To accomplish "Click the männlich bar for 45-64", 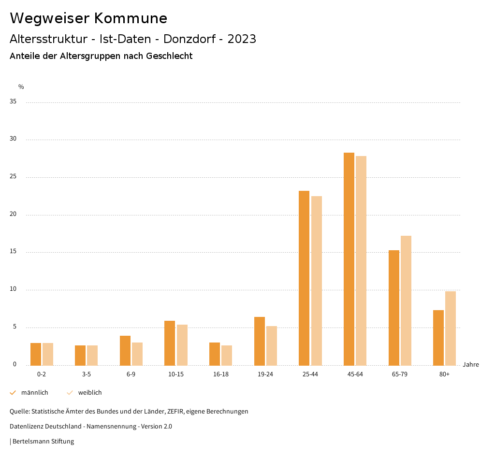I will pyautogui.click(x=349, y=259).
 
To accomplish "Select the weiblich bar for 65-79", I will pyautogui.click(x=406, y=300).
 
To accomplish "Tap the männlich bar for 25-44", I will pyautogui.click(x=304, y=278).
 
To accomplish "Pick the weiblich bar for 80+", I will pyautogui.click(x=451, y=328).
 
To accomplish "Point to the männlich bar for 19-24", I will pyautogui.click(x=260, y=341).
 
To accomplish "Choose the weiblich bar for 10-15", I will pyautogui.click(x=182, y=345).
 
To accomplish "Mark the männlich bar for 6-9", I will pyautogui.click(x=125, y=351).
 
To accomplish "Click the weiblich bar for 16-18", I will pyautogui.click(x=227, y=356).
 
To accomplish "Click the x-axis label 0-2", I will pyautogui.click(x=42, y=374).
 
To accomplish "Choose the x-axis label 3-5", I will pyautogui.click(x=87, y=374).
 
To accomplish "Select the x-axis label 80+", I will pyautogui.click(x=445, y=374).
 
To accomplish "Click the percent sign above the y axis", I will pyautogui.click(x=21, y=87).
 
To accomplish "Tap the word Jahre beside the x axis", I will pyautogui.click(x=471, y=365).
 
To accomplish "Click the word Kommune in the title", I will pyautogui.click(x=131, y=18).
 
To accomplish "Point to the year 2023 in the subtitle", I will pyautogui.click(x=242, y=39).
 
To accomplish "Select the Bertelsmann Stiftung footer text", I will pyautogui.click(x=43, y=442).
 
